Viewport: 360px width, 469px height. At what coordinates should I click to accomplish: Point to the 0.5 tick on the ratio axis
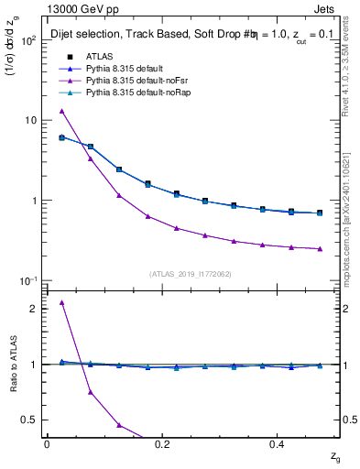click(32, 420)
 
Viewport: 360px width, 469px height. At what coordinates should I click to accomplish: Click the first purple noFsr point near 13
click(61, 111)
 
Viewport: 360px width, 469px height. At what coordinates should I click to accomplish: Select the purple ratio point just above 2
click(61, 302)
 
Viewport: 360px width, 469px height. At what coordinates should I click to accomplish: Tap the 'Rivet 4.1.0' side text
click(352, 87)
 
